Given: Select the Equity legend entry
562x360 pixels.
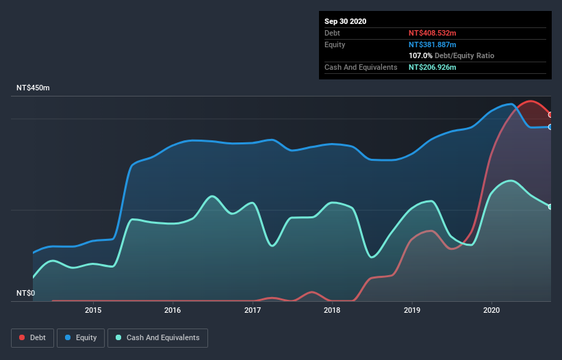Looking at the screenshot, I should pyautogui.click(x=81, y=337).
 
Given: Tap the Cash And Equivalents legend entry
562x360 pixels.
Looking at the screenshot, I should pyautogui.click(x=157, y=337).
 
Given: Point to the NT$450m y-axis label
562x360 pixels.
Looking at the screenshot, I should pyautogui.click(x=34, y=88).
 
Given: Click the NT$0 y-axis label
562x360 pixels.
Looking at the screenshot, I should pyautogui.click(x=25, y=293).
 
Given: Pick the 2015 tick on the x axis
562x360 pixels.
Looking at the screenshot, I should pyautogui.click(x=93, y=310).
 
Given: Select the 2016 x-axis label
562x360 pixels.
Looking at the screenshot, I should pyautogui.click(x=173, y=310).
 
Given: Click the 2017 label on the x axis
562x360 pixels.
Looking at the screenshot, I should pyautogui.click(x=253, y=310).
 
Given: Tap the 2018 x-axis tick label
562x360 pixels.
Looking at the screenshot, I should pyautogui.click(x=332, y=310).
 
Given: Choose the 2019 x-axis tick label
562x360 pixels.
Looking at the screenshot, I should pyautogui.click(x=412, y=310).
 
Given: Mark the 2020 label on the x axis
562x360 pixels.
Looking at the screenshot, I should pyautogui.click(x=491, y=310).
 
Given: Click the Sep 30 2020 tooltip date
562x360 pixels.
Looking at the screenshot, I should pyautogui.click(x=346, y=21).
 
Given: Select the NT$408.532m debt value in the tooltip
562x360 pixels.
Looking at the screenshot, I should pyautogui.click(x=432, y=33).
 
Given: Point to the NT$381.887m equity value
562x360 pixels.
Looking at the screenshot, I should pyautogui.click(x=432, y=44).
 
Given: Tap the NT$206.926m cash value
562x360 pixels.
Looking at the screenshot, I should pyautogui.click(x=432, y=67).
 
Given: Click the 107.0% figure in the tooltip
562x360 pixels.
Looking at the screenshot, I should pyautogui.click(x=420, y=55).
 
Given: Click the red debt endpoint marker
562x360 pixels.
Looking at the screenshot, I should pyautogui.click(x=550, y=115).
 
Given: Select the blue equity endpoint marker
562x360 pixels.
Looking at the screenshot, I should pyautogui.click(x=550, y=127).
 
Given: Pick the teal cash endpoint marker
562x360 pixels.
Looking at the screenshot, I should pyautogui.click(x=550, y=207).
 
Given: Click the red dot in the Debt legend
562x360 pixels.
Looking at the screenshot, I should pyautogui.click(x=23, y=337).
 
